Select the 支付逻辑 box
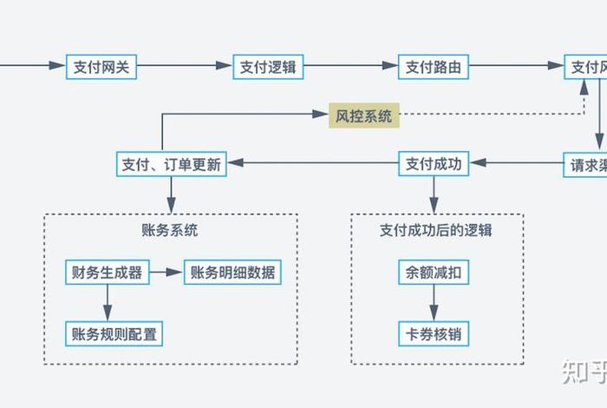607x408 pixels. pyautogui.click(x=268, y=66)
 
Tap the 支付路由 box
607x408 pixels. pyautogui.click(x=433, y=66)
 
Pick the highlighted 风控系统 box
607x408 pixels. pyautogui.click(x=363, y=115)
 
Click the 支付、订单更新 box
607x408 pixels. pyautogui.click(x=171, y=163)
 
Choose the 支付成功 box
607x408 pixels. pyautogui.click(x=433, y=163)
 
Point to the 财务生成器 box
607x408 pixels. pyautogui.click(x=107, y=272)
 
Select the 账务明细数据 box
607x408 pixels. pyautogui.click(x=232, y=272)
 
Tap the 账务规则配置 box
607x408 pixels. pyautogui.click(x=115, y=332)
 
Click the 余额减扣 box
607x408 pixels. pyautogui.click(x=434, y=272)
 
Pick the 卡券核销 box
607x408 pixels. pyautogui.click(x=434, y=332)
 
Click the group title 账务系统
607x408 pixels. pyautogui.click(x=170, y=231)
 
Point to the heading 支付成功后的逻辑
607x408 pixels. pyautogui.click(x=436, y=231)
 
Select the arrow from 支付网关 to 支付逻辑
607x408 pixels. pyautogui.click(x=186, y=66)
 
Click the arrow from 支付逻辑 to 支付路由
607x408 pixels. pyautogui.click(x=350, y=66)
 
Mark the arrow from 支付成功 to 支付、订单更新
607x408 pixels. pyautogui.click(x=312, y=163)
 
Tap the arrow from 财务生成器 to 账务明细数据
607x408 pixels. pyautogui.click(x=165, y=272)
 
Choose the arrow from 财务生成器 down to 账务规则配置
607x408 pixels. pyautogui.click(x=107, y=302)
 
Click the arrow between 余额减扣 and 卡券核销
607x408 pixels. pyautogui.click(x=434, y=302)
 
